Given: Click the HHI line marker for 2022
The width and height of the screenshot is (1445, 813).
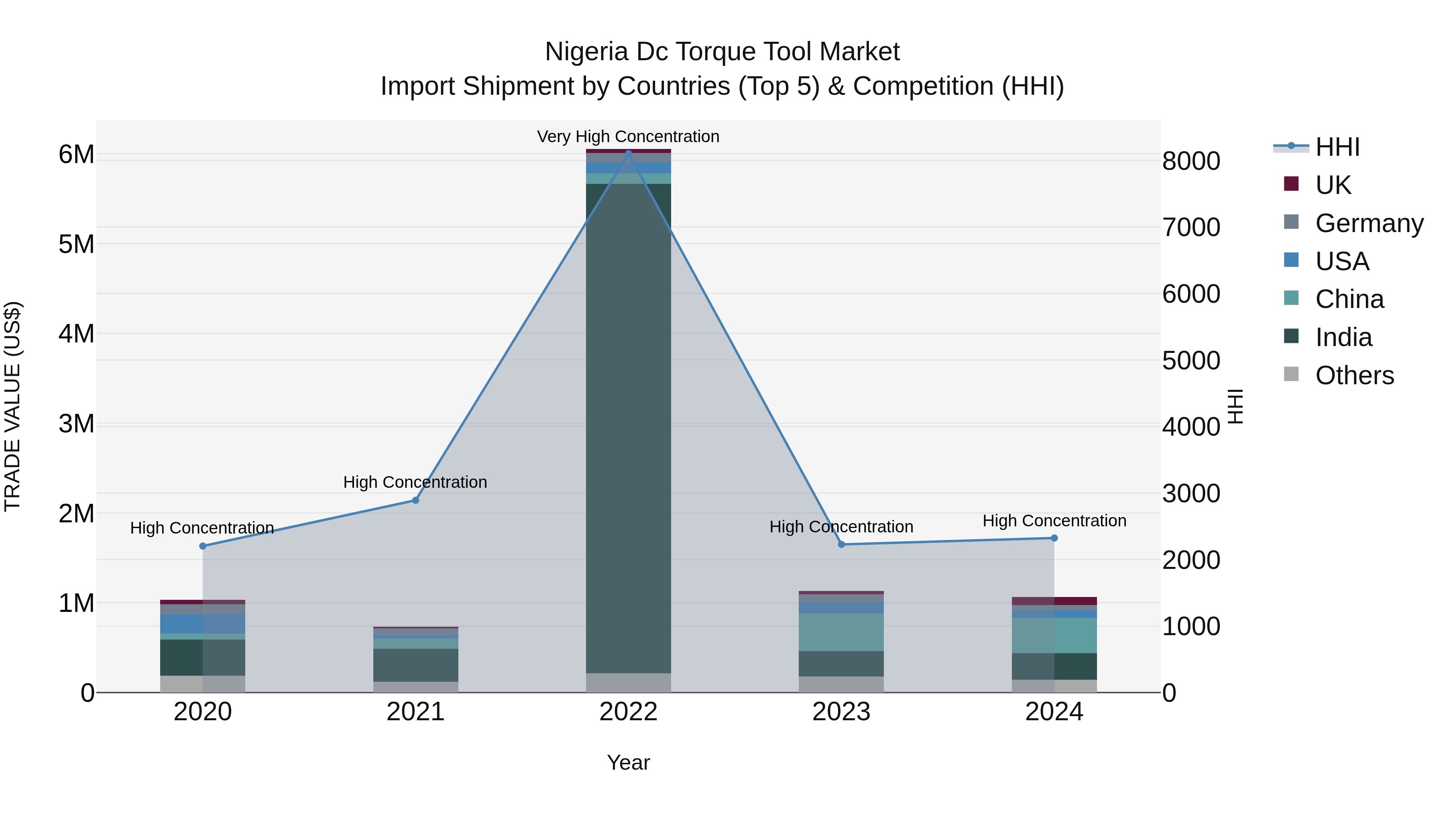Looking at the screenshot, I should coord(628,153).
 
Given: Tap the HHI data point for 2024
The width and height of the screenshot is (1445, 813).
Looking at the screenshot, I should coord(1054,538).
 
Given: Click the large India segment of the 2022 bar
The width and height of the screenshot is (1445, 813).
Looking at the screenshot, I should coord(628,426).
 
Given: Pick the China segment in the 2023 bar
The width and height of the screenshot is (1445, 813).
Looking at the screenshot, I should coord(841,632).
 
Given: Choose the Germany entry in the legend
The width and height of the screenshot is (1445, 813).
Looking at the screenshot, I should coord(1369,223).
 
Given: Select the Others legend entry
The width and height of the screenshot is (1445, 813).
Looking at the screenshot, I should coord(1354,375).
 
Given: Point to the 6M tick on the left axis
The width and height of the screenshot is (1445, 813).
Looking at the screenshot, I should coord(76,154).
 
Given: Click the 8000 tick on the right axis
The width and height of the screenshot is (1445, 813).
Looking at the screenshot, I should coord(1191,161).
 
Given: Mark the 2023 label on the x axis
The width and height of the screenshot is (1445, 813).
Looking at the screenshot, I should coord(841,712).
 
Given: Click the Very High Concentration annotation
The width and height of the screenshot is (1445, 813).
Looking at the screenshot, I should coord(628,137).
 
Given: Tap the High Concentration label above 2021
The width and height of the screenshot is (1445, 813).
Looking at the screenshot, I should coord(415,482).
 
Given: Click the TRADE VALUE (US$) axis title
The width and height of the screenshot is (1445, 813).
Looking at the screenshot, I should coord(12,406).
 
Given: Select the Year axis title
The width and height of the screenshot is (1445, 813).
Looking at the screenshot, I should coord(628,762).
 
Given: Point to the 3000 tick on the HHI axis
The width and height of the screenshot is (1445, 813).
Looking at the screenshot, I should coord(1191,494).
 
